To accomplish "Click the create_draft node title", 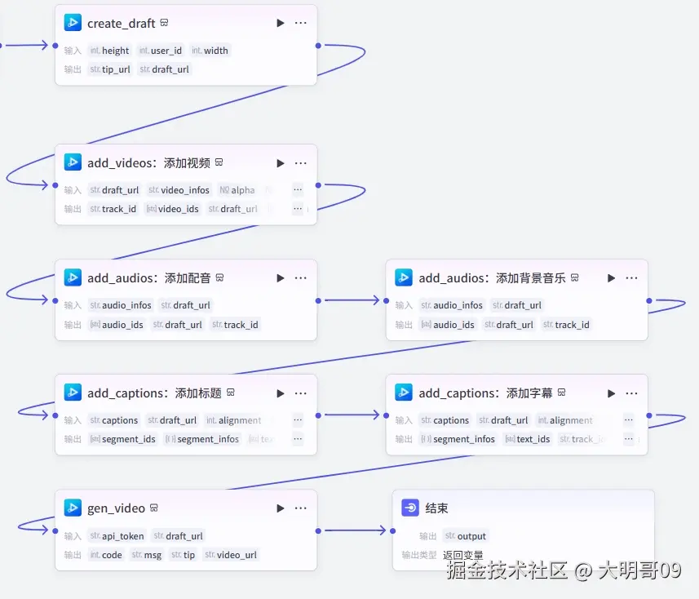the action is (x=121, y=24).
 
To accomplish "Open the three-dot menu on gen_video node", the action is (x=301, y=508).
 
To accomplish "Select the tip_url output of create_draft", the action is (x=110, y=69).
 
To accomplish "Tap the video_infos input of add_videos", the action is (x=179, y=190).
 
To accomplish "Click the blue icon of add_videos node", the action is (x=73, y=162).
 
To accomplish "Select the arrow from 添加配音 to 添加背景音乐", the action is (x=352, y=300).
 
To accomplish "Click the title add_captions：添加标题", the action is (x=154, y=393).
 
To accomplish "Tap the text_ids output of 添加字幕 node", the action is (x=527, y=439).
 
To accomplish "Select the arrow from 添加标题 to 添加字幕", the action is (x=352, y=415).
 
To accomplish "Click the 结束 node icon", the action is (x=410, y=508).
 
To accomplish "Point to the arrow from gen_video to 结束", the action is (x=352, y=530).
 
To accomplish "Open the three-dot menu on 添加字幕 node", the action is (x=632, y=393).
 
